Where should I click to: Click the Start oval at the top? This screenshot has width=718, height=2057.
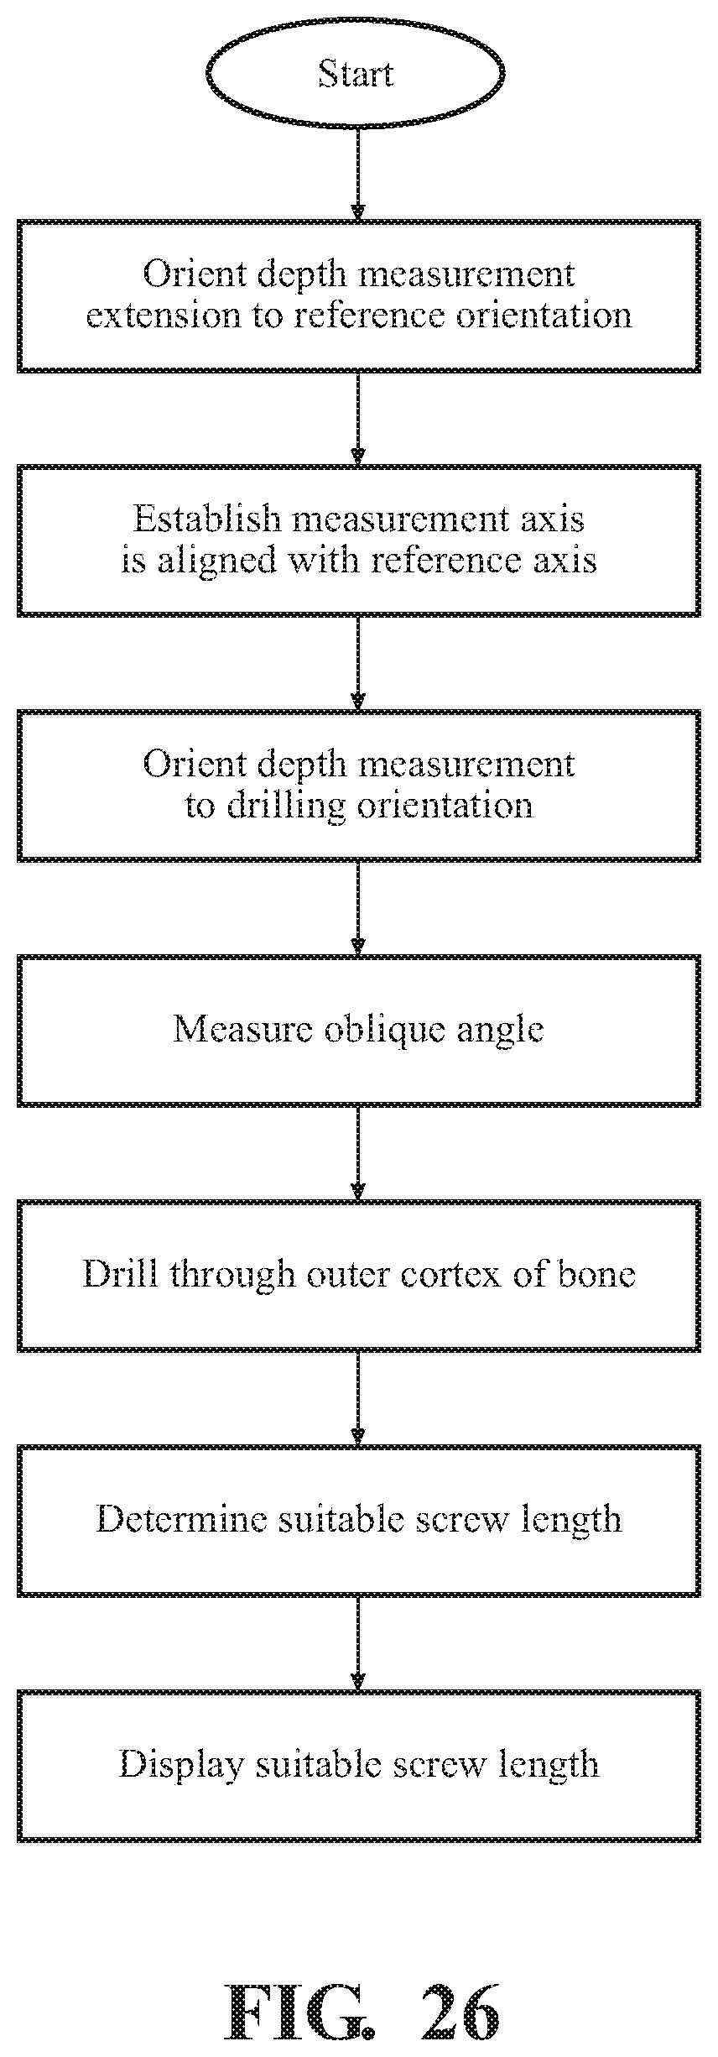coord(356,74)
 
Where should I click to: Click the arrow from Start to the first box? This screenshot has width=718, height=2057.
coord(358,172)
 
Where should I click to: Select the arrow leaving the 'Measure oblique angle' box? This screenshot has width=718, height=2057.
coord(358,1152)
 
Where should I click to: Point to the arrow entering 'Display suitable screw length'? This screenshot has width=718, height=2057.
coord(358,1643)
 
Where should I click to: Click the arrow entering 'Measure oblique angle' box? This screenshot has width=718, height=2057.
coord(358,907)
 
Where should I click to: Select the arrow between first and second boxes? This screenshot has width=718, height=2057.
coord(358,418)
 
